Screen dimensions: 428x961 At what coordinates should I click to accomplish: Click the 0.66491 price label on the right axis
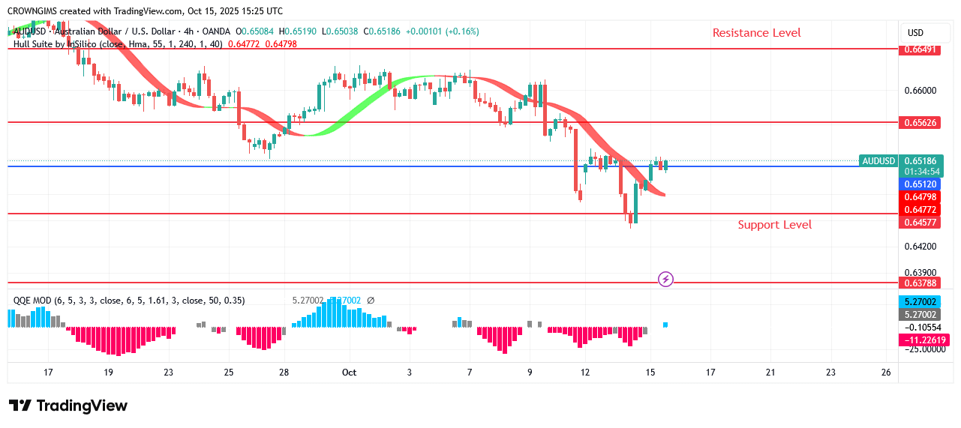click(920, 49)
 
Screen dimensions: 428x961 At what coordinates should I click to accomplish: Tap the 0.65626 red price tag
click(920, 122)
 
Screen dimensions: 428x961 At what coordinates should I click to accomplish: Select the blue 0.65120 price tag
click(920, 184)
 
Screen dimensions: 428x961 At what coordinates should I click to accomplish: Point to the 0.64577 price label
click(920, 223)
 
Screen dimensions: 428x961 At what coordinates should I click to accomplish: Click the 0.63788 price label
click(920, 283)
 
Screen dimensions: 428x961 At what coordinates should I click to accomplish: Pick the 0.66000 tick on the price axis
click(920, 91)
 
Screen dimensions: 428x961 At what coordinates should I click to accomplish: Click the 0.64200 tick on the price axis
click(920, 246)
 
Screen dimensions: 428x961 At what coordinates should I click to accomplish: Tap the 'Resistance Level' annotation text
click(756, 33)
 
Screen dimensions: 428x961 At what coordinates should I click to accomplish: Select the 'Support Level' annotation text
click(774, 225)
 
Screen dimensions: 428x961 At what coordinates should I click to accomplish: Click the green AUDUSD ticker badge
click(878, 160)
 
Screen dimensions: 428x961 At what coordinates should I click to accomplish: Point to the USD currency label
click(915, 33)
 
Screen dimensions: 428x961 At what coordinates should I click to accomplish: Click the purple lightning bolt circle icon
click(665, 280)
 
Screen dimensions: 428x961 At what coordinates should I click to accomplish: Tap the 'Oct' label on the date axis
click(349, 372)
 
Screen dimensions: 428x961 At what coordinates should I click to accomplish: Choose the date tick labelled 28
click(284, 372)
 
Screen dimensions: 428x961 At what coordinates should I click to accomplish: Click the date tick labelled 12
click(585, 372)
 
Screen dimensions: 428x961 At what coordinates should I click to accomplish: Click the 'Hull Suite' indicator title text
click(41, 44)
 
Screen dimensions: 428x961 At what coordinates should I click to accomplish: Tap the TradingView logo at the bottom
click(68, 406)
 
